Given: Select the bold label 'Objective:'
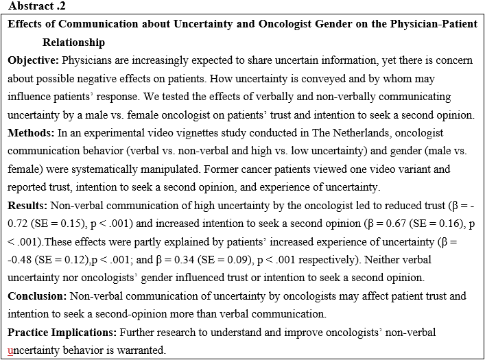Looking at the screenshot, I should pyautogui.click(x=34, y=60).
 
